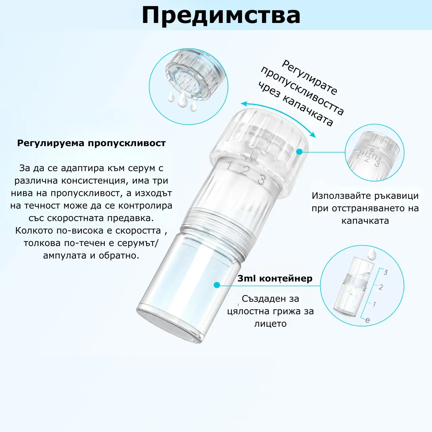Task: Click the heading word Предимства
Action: [x=221, y=16]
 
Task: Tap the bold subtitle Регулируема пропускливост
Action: [x=91, y=143]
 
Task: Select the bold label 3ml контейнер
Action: [x=275, y=278]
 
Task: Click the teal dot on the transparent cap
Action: [x=299, y=152]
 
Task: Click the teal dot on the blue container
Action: [x=217, y=285]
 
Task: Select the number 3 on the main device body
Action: [x=261, y=179]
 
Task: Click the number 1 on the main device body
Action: [x=230, y=166]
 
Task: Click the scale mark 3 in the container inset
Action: [x=385, y=272]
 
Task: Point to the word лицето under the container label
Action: [x=270, y=324]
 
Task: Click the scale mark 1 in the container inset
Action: [x=374, y=304]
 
